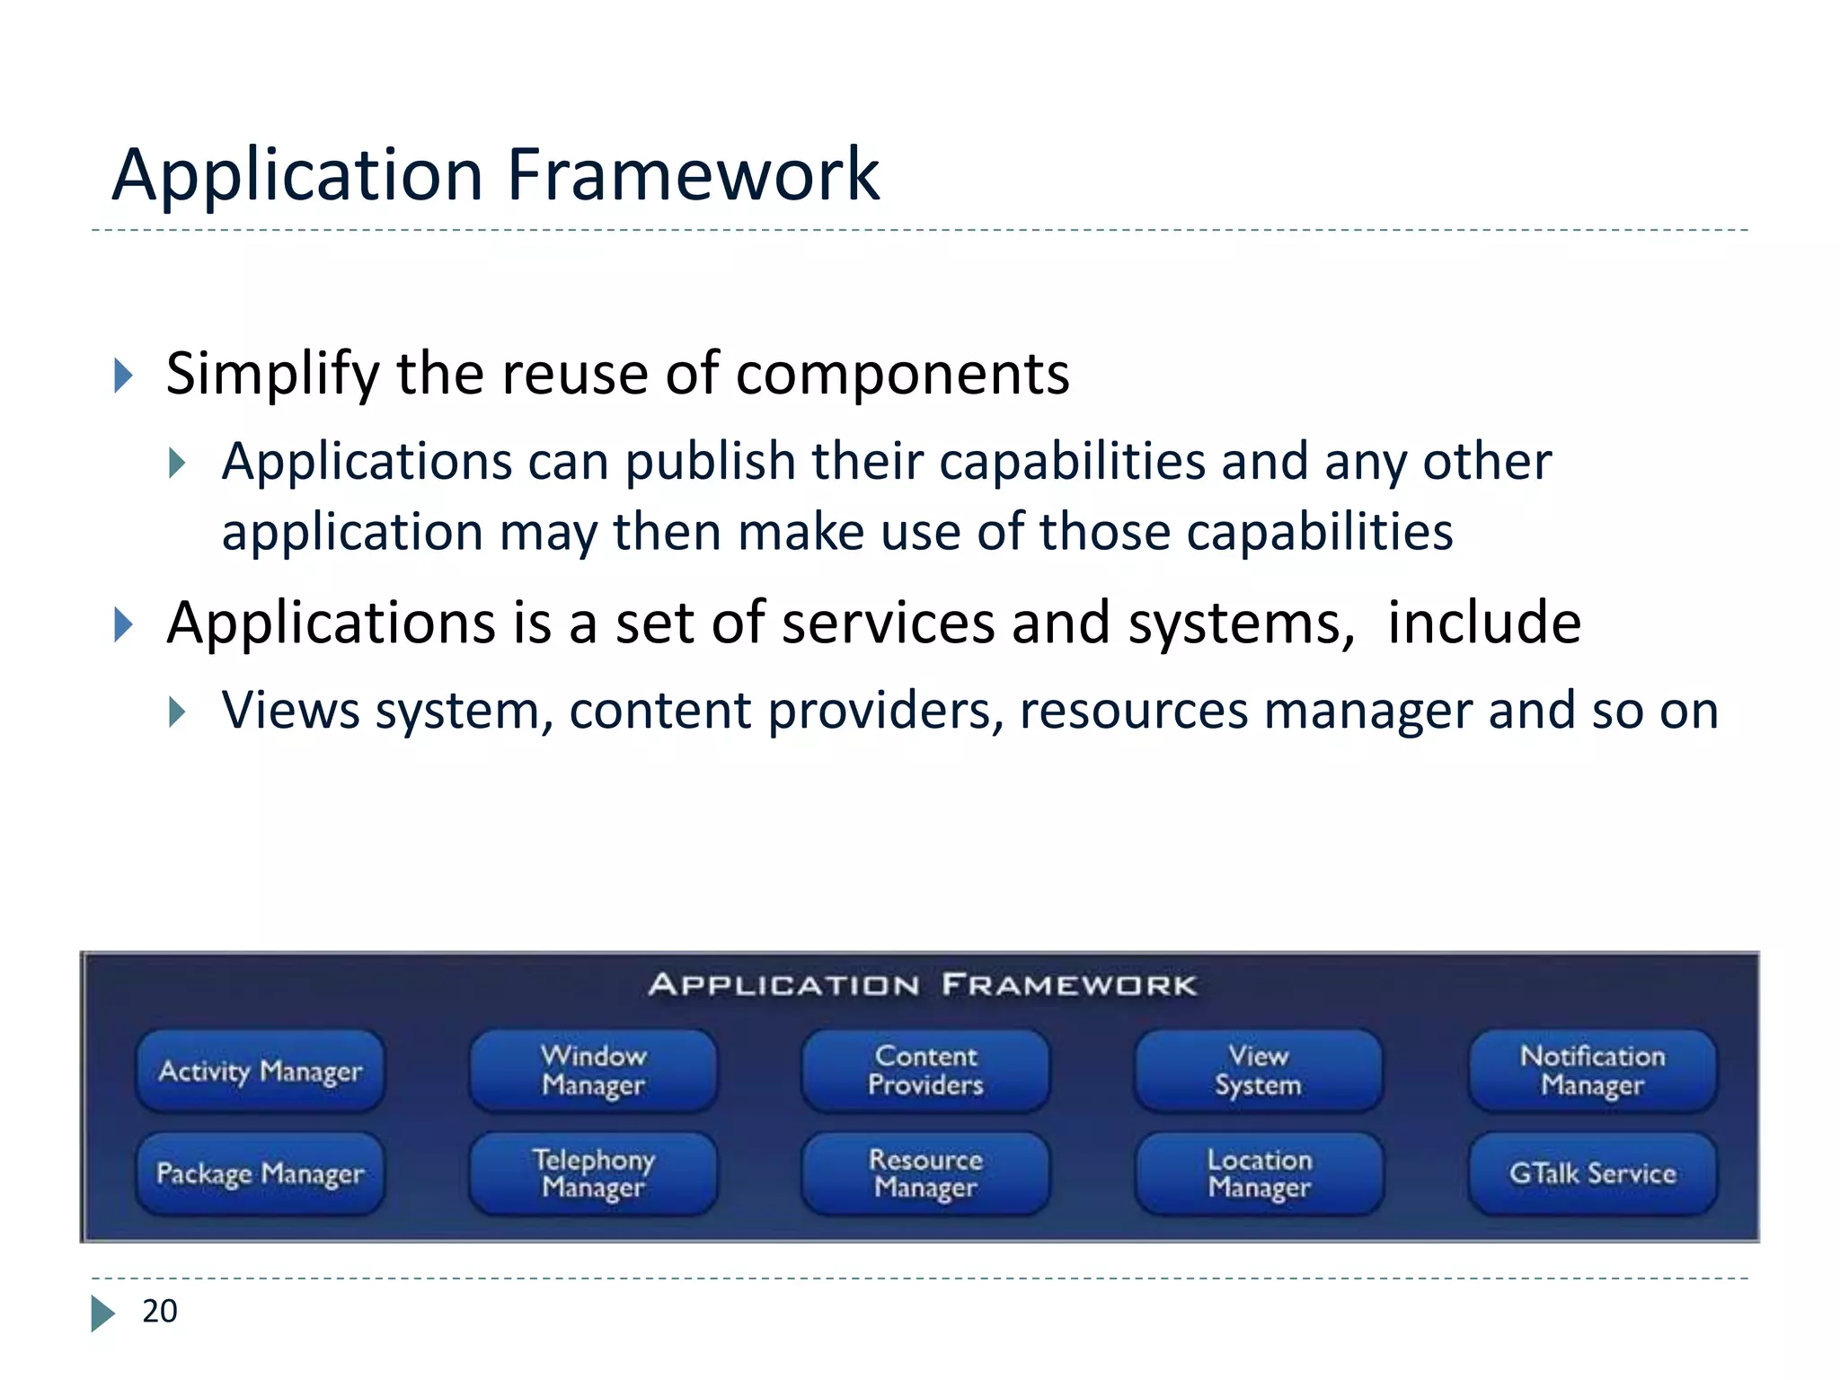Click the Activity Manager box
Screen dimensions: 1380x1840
tap(261, 1071)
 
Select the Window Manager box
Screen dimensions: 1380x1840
tap(593, 1071)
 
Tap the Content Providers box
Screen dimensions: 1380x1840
tap(925, 1071)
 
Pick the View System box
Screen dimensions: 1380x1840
tap(1259, 1071)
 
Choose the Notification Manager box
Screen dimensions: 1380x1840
tap(1592, 1071)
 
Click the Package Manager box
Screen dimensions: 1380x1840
tap(261, 1173)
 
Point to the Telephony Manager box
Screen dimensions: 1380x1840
tap(593, 1173)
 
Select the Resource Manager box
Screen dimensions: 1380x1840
tap(925, 1173)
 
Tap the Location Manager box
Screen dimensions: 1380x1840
tap(1259, 1173)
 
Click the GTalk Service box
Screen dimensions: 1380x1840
tap(1592, 1173)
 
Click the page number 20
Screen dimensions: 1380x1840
tap(160, 1312)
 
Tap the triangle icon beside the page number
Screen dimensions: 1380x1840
tap(102, 1313)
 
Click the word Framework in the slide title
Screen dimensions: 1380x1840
tap(693, 174)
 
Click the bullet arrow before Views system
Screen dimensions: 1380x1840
tap(177, 712)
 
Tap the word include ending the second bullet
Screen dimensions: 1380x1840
tap(1483, 623)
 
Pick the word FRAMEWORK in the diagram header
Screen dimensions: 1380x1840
tap(1069, 986)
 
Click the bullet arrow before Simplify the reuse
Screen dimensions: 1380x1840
tap(123, 376)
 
